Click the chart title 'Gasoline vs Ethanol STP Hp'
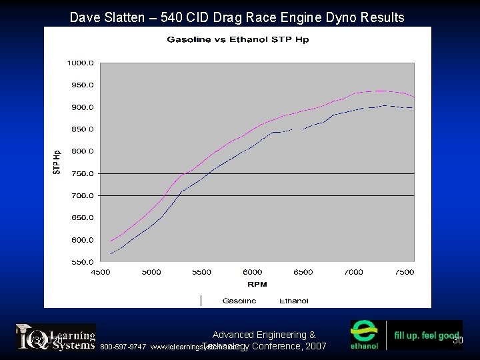click(x=237, y=40)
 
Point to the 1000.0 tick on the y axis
click(x=79, y=63)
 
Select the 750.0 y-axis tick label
click(x=79, y=173)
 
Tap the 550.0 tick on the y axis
click(x=79, y=262)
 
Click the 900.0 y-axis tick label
click(x=79, y=107)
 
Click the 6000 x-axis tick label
click(x=252, y=272)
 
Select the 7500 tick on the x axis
click(x=404, y=272)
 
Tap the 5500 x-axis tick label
click(x=201, y=272)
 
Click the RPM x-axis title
click(x=257, y=284)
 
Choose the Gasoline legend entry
click(x=239, y=301)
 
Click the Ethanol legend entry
click(x=293, y=301)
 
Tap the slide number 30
click(x=457, y=341)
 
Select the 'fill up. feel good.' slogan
click(x=426, y=336)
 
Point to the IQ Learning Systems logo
click(x=56, y=337)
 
